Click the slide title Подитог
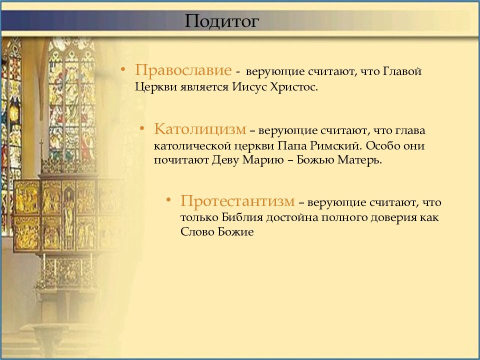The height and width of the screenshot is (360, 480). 222,21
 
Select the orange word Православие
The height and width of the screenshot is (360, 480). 183,70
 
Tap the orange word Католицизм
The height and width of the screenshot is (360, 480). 200,129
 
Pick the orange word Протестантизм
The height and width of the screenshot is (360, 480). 237,201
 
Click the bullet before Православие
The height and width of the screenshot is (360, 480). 123,70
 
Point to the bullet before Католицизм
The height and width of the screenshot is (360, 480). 141,128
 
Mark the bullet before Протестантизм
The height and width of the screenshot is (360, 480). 168,200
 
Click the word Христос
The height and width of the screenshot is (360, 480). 294,87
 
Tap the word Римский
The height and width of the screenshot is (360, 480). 335,145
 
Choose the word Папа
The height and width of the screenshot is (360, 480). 292,145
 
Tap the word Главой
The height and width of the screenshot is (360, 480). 402,71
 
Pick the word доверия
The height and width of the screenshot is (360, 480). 393,217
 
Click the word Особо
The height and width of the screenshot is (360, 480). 382,145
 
